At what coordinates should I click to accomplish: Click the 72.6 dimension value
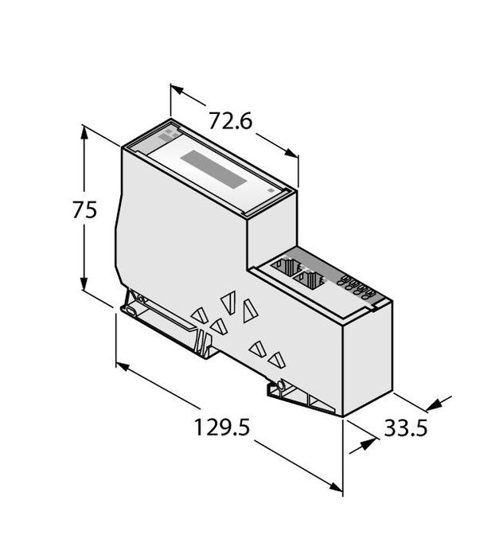230,121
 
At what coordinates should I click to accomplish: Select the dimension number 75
84,211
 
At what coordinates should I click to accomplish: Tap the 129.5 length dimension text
222,428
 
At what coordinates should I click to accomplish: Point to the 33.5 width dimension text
406,429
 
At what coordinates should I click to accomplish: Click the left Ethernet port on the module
286,268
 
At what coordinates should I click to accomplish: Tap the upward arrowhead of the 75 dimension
84,132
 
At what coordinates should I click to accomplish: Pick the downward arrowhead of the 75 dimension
84,287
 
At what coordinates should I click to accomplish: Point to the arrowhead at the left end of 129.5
123,367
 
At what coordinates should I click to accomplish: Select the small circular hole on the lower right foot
281,389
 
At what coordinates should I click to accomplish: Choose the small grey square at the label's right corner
272,191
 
